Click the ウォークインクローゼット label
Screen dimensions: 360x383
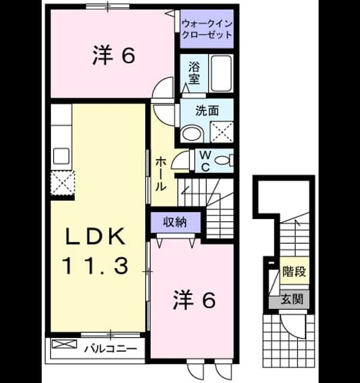[x=207, y=29]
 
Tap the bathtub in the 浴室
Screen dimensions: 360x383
[x=221, y=73]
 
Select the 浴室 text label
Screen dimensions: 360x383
[x=194, y=73]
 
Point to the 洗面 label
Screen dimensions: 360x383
[x=207, y=111]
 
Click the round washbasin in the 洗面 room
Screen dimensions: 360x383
[x=192, y=133]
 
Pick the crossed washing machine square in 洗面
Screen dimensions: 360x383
[x=222, y=132]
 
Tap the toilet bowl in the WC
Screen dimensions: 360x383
[x=222, y=161]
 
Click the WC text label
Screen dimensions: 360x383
[x=206, y=161]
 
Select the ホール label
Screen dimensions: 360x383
[x=161, y=174]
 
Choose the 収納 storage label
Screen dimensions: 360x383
[x=175, y=222]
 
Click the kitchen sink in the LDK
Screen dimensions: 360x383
[x=61, y=156]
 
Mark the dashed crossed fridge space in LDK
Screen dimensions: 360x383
[x=62, y=183]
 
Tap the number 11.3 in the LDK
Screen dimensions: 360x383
[x=95, y=266]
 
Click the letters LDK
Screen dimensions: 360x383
[x=95, y=236]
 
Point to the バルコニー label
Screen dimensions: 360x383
[x=111, y=348]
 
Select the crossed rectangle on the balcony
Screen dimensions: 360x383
[x=65, y=344]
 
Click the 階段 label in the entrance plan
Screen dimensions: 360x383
[x=294, y=271]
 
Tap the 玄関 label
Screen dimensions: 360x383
[x=292, y=299]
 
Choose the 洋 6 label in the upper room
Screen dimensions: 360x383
[x=114, y=56]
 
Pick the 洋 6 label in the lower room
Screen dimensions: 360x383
[x=194, y=300]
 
